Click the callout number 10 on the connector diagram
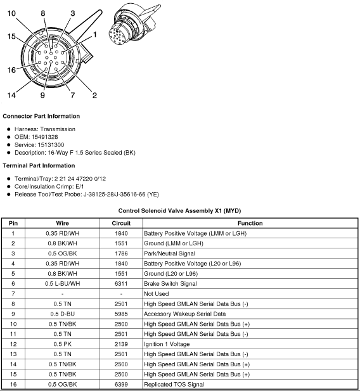12,13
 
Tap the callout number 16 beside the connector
11,70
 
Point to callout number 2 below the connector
94,96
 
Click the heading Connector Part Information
42,116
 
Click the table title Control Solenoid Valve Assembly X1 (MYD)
179,210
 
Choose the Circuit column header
121,223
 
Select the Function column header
250,223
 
